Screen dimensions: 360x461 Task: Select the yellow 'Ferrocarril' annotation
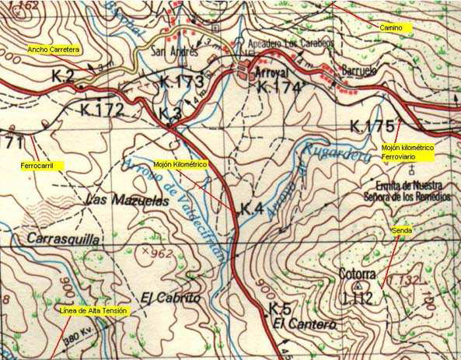pos(41,166)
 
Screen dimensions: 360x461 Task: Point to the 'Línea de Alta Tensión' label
pos(93,311)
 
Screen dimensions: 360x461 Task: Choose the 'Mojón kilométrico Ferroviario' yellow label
pos(407,152)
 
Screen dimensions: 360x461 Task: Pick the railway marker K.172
pos(102,110)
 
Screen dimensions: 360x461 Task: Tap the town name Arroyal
pos(271,72)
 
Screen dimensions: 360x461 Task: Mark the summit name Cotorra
pos(357,274)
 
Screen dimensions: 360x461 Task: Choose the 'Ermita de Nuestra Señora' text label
pos(408,190)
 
